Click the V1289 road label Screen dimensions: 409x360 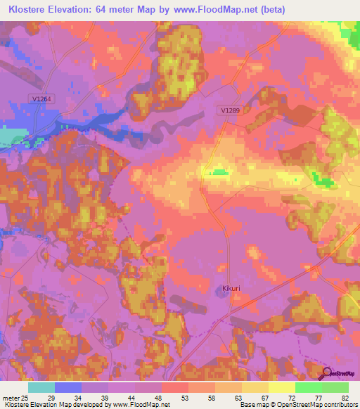(x=230, y=110)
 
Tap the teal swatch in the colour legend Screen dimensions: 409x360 (x=41, y=387)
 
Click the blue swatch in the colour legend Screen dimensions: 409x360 (x=68, y=387)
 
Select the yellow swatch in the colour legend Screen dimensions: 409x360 (x=282, y=387)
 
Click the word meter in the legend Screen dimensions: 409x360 (x=10, y=398)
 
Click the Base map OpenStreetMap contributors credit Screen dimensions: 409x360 (x=297, y=405)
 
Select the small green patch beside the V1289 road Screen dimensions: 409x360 (x=221, y=171)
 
